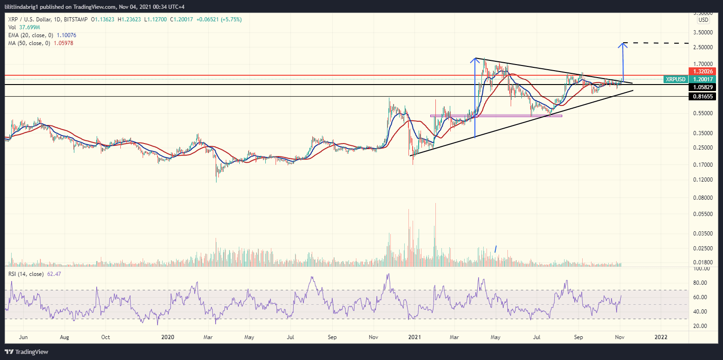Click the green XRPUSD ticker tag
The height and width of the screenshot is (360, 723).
pyautogui.click(x=675, y=79)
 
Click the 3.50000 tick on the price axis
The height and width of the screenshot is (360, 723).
pyautogui.click(x=703, y=33)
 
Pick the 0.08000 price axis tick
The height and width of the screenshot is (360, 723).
pyautogui.click(x=703, y=198)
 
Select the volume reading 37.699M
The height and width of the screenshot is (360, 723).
pyautogui.click(x=29, y=27)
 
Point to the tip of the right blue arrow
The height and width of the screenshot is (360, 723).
pyautogui.click(x=623, y=43)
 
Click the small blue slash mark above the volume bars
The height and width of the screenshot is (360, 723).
pyautogui.click(x=496, y=249)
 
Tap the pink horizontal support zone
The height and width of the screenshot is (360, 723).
pyautogui.click(x=496, y=116)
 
